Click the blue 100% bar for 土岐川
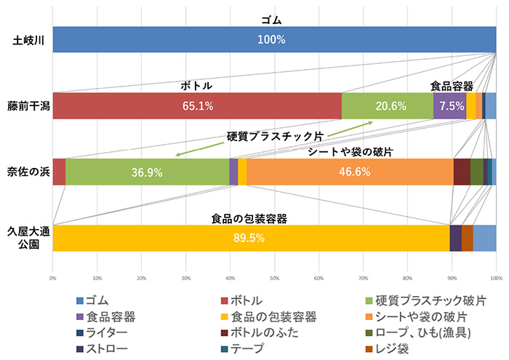[x=274, y=39]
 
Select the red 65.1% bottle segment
[x=196, y=105]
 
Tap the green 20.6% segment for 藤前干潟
[x=387, y=105]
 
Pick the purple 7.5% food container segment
[x=449, y=105]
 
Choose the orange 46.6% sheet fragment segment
[x=350, y=172]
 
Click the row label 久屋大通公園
[x=27, y=238]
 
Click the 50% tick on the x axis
[x=274, y=277]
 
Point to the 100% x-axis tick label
[x=496, y=277]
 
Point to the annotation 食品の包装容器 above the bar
[x=249, y=217]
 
